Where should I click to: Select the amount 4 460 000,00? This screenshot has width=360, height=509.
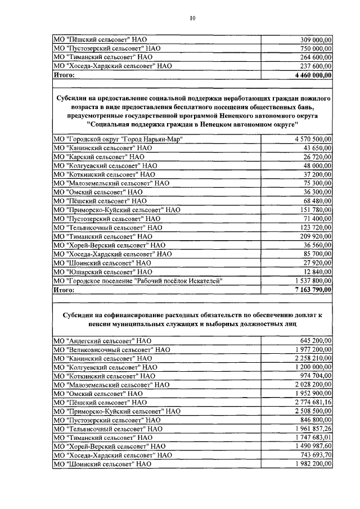[313, 74]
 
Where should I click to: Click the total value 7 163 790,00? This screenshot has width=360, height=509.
[313, 290]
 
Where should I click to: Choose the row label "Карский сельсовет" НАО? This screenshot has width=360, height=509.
[99, 156]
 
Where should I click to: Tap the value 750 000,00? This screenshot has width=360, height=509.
[315, 48]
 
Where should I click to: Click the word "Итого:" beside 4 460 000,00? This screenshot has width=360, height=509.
[64, 74]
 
